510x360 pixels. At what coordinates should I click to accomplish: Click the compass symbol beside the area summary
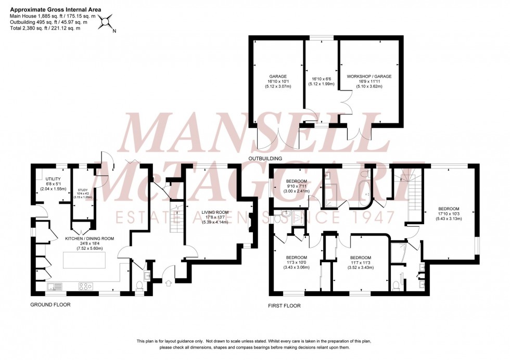107,22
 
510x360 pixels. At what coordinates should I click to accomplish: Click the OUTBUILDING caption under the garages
264,158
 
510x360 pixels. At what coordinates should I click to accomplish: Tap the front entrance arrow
168,284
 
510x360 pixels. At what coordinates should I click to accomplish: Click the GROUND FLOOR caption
50,305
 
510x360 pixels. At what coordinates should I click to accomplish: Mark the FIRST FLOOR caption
284,306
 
